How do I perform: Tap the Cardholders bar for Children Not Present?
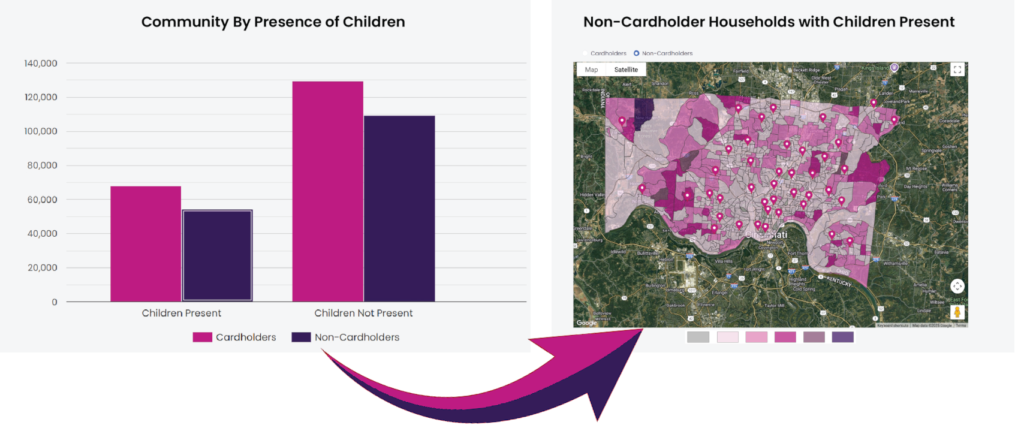click(x=327, y=191)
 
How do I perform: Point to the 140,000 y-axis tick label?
click(x=41, y=64)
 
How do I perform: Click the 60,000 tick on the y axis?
click(x=42, y=200)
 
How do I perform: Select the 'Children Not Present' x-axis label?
click(x=363, y=313)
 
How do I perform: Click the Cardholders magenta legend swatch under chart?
click(x=202, y=337)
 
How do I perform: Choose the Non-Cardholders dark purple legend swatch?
click(x=301, y=337)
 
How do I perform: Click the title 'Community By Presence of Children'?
click(x=273, y=22)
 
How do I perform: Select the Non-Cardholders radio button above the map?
click(x=637, y=53)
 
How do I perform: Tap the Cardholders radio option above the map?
click(x=585, y=53)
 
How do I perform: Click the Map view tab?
click(x=591, y=70)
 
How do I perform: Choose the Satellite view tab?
click(x=626, y=70)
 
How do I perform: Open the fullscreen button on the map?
click(x=957, y=70)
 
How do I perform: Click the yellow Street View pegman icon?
click(x=957, y=312)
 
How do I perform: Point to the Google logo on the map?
click(x=586, y=323)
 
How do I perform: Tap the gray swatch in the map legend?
click(x=698, y=337)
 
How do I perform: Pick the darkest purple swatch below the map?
click(x=842, y=337)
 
